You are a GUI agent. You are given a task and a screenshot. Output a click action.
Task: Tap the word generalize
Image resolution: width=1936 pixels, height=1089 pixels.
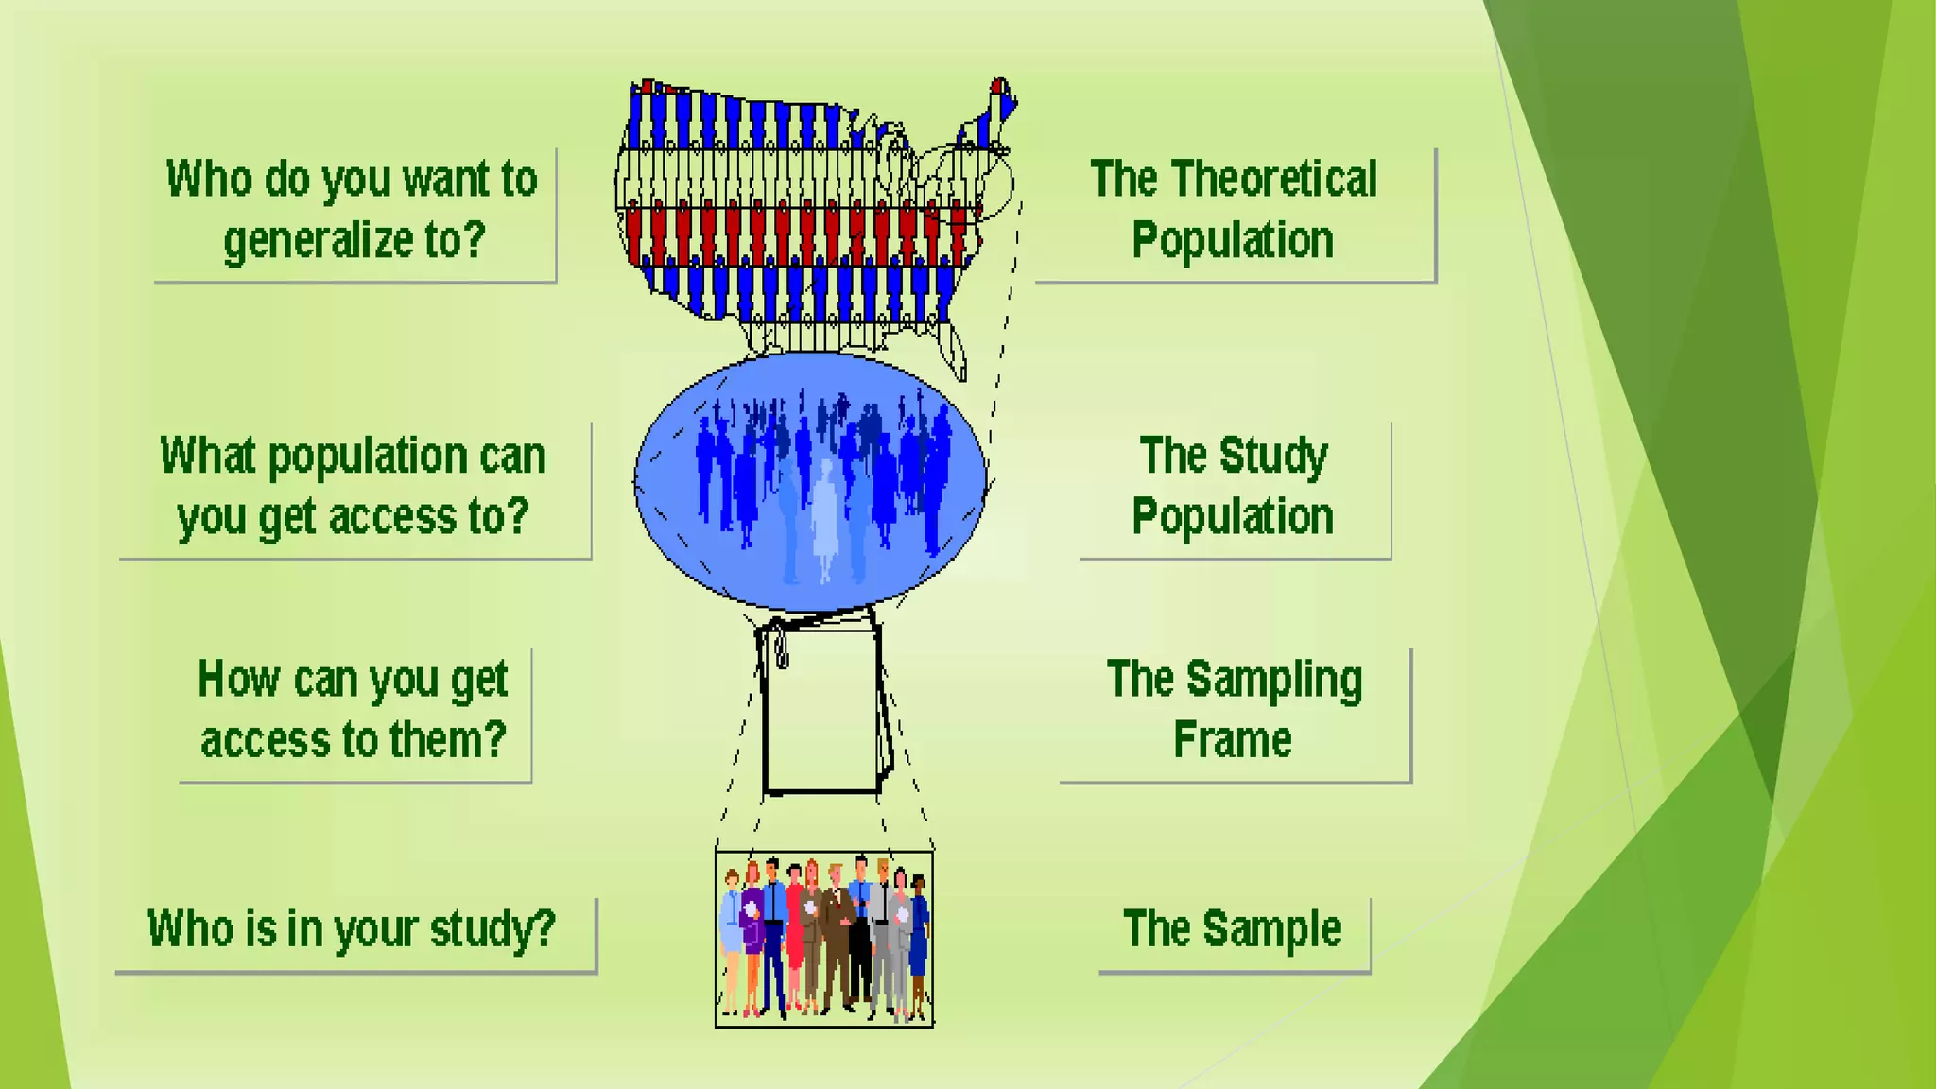pos(318,242)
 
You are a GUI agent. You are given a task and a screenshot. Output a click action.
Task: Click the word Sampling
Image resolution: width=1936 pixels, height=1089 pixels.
pos(1273,681)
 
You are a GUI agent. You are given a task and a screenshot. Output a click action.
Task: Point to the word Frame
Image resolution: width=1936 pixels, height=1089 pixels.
pos(1232,740)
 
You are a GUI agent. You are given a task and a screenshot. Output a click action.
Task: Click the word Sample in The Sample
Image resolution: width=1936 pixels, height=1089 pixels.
pos(1271,929)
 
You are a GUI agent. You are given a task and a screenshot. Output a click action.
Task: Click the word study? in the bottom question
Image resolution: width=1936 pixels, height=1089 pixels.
pos(493,929)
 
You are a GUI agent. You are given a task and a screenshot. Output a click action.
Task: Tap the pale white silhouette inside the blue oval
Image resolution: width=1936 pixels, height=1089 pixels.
pos(825,520)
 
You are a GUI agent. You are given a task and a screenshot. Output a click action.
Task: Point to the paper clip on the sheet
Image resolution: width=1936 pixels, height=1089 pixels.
pos(782,651)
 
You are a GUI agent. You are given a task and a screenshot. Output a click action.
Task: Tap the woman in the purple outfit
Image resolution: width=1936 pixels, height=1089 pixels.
pos(752,931)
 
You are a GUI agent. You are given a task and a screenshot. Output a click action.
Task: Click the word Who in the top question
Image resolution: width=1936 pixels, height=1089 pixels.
pos(209,180)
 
